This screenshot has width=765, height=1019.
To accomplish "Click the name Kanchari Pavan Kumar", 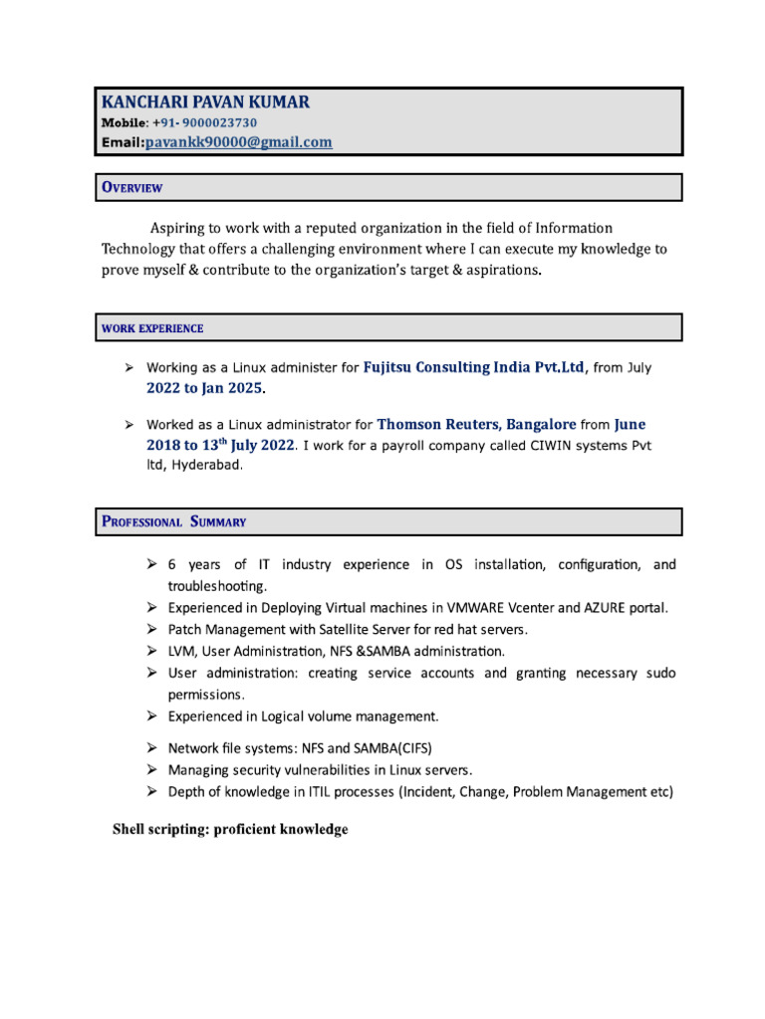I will click(205, 102).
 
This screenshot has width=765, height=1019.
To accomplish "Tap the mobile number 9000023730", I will click(214, 122).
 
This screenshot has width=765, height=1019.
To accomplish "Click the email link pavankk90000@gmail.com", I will click(238, 142).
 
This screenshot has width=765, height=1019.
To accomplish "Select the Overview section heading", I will click(132, 187).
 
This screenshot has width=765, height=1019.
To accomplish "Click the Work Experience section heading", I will click(152, 328).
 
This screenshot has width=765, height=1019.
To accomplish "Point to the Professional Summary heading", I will click(174, 521).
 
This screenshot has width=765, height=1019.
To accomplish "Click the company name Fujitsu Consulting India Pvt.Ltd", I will click(474, 367).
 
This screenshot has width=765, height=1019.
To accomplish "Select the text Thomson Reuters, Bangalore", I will click(476, 424).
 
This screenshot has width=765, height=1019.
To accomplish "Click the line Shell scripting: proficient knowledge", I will click(230, 830).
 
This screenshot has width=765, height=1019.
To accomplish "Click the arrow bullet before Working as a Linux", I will click(129, 367).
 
